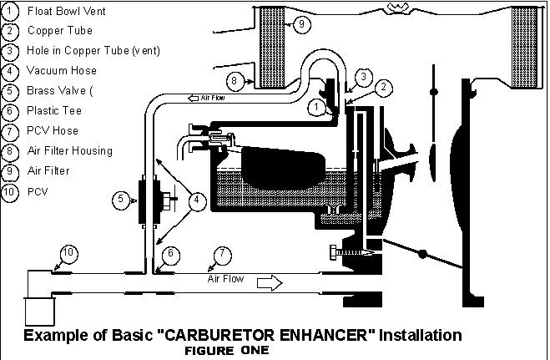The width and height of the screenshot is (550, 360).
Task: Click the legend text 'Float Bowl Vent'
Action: (x=66, y=11)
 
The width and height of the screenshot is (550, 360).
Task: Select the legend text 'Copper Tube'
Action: (x=60, y=31)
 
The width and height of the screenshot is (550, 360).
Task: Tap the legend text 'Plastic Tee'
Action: (x=54, y=111)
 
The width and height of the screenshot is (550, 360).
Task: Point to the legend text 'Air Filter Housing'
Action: (x=70, y=151)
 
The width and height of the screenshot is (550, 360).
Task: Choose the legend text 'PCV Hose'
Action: (x=53, y=131)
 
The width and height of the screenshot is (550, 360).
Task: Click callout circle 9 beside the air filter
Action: (x=301, y=24)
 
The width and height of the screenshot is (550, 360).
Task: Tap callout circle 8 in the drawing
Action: (x=235, y=81)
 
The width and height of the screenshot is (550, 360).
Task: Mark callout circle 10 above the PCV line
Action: (x=68, y=253)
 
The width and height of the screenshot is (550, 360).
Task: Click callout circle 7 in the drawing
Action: (x=222, y=255)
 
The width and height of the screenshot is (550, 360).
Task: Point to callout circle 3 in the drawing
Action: (x=363, y=77)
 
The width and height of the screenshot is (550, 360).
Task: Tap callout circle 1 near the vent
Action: (x=317, y=108)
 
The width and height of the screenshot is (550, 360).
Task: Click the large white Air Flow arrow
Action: (x=270, y=283)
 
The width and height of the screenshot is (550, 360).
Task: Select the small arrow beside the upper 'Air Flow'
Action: (x=194, y=98)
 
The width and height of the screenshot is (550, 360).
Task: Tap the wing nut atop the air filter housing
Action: (x=398, y=8)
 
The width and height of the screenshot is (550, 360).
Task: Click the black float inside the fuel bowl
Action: (x=284, y=167)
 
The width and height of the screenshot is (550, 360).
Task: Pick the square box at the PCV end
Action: (x=39, y=312)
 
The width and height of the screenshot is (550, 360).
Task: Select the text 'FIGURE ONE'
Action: (x=227, y=351)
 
